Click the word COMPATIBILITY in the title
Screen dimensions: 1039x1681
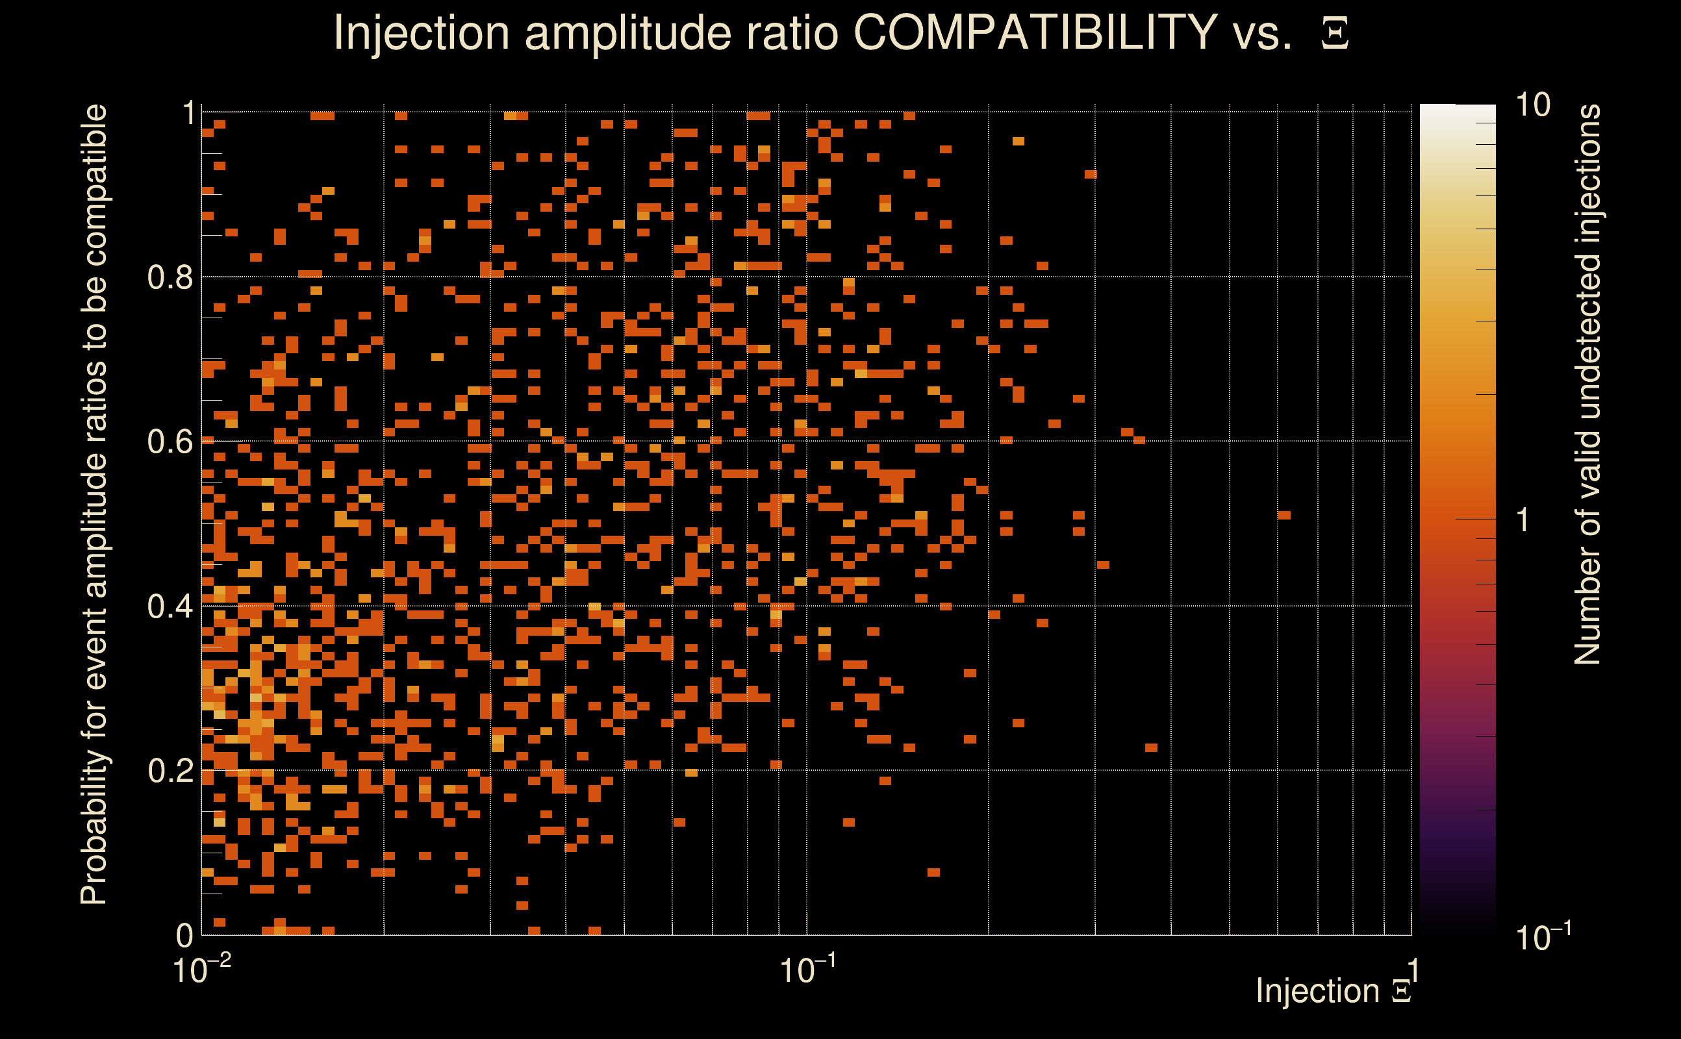[1035, 32]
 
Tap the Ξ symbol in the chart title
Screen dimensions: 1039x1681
[1335, 33]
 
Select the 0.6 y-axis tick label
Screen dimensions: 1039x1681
[170, 441]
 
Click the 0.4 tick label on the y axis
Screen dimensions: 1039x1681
[170, 606]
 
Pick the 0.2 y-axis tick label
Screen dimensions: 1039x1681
[170, 770]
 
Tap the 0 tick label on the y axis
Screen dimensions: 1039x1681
[184, 935]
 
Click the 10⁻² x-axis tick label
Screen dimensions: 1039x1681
[201, 970]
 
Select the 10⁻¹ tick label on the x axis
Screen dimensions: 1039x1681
[807, 970]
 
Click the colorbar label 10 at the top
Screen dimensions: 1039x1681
[1532, 105]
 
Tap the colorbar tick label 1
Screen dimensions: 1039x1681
[1523, 520]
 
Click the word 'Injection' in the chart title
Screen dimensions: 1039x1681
[421, 32]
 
